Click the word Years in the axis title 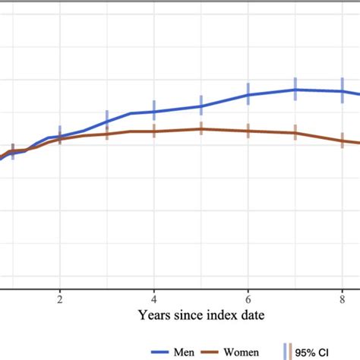point(155,314)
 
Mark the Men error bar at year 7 point(295,89)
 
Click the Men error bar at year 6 point(248,93)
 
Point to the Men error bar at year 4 point(154,111)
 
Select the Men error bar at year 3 point(107,120)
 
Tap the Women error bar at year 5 point(201,128)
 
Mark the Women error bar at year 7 point(295,132)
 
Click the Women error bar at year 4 point(154,131)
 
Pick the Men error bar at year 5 point(201,105)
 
